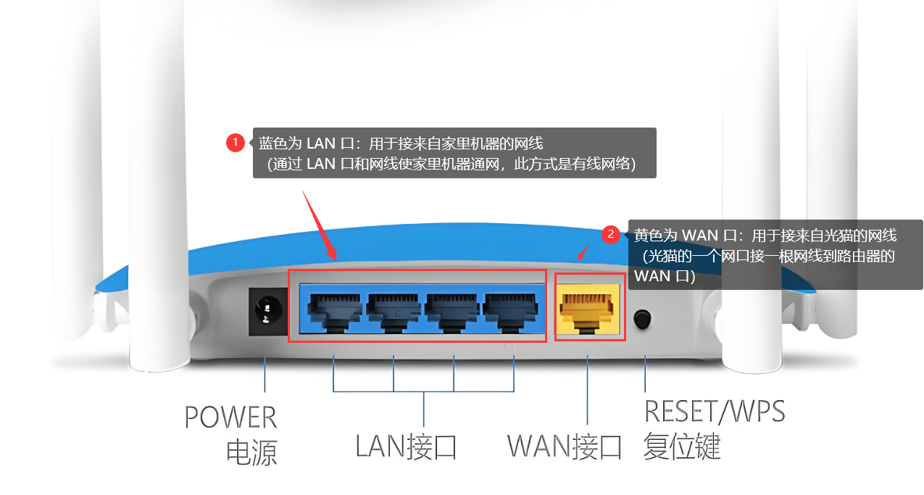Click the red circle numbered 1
pos(235,143)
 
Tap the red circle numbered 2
pos(610,234)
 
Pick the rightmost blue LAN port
pos(512,309)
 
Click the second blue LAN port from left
pos(394,309)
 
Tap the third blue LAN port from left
pos(453,309)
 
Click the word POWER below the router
pos(230,418)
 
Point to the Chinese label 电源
pos(251,452)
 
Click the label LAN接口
pos(406,446)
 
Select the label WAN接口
pos(565,446)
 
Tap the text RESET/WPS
pos(714,412)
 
